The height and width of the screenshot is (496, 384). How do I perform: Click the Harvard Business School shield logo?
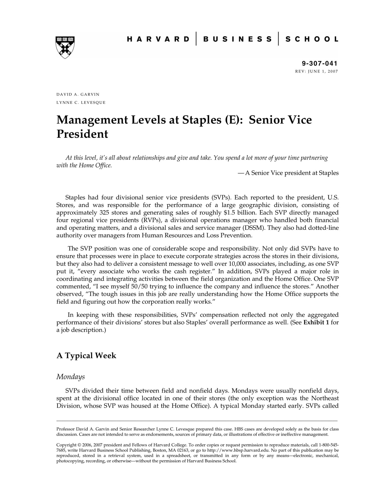pos(65,47)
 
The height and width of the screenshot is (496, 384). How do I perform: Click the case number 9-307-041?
pos(319,63)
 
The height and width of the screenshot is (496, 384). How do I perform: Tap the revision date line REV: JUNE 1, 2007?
pos(317,71)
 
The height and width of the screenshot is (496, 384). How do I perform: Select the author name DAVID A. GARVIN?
pos(78,94)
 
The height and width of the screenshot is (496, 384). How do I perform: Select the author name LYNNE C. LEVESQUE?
pos(81,103)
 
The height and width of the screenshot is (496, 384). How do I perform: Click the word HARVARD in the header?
pos(158,39)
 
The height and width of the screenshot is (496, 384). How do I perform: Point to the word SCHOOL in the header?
pos(312,39)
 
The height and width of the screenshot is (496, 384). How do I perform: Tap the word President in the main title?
pos(82,134)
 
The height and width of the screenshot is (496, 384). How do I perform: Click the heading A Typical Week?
pos(86,355)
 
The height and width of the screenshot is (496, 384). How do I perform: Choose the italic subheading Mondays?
pos(70,377)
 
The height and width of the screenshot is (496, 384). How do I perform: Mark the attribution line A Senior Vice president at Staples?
pos(292,173)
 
